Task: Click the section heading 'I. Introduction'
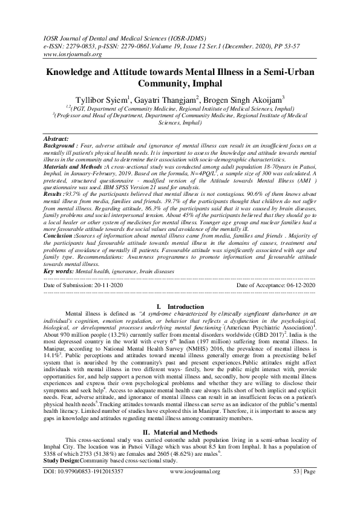pyautogui.click(x=180, y=307)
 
